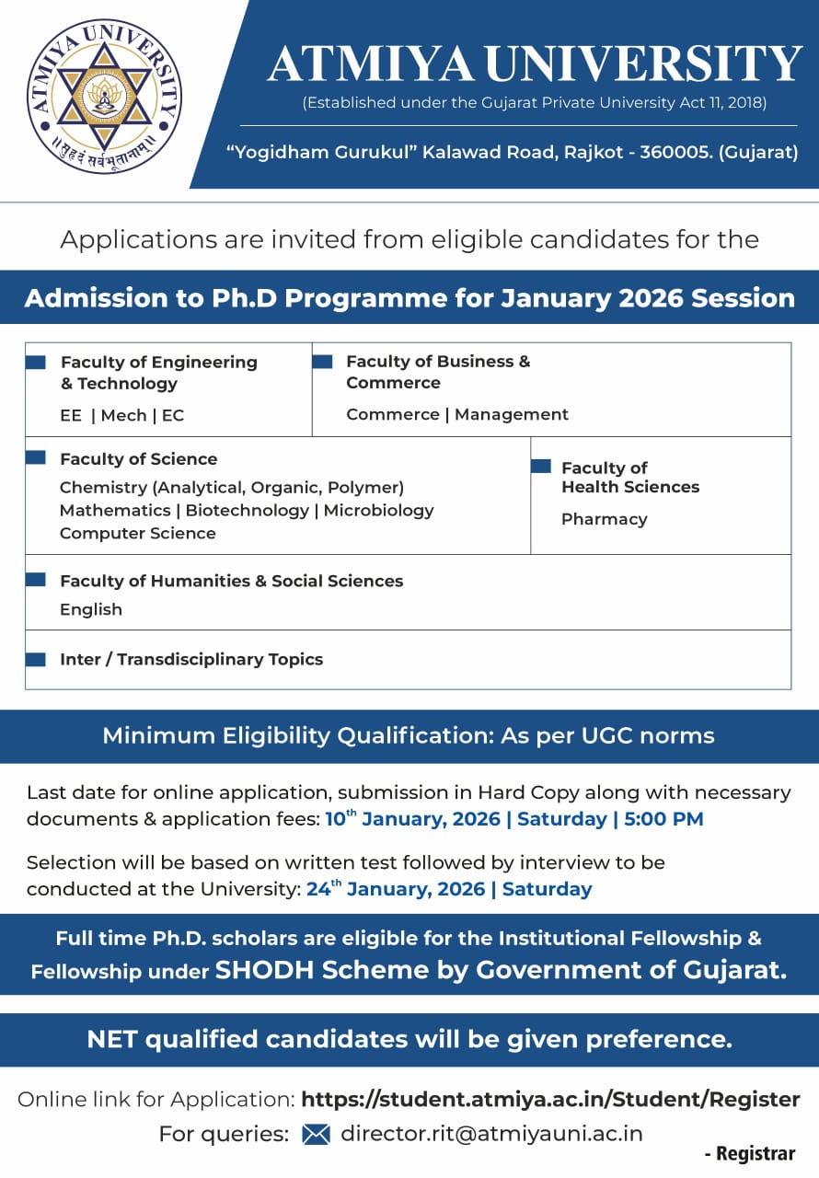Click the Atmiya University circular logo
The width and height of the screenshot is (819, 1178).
104,97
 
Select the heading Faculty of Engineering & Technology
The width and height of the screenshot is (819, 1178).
158,373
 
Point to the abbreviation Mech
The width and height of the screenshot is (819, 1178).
124,415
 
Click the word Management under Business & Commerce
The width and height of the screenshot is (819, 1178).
512,414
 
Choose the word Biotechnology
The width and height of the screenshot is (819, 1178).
248,510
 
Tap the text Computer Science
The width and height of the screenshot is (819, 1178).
138,533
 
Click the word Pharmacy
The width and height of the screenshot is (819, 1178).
605,519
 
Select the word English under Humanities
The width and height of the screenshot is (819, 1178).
91,609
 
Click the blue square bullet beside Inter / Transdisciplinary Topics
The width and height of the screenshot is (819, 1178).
35,659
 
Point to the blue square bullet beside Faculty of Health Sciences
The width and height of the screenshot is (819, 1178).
541,467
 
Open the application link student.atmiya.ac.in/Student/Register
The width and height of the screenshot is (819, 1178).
550,1099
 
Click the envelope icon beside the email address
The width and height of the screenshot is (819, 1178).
316,1134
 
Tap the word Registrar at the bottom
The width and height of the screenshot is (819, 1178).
756,1153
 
